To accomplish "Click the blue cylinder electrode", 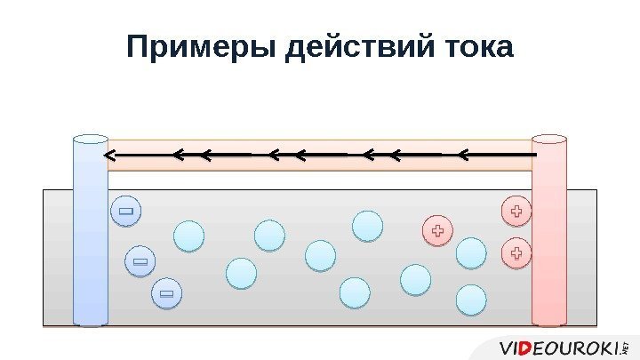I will [90, 236].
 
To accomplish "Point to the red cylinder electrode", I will [548, 236].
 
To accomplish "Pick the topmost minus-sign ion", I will [125, 212].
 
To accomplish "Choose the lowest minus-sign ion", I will [165, 292].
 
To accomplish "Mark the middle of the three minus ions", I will [140, 261].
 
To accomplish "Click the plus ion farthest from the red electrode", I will [436, 232].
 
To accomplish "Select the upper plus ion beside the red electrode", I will [516, 212].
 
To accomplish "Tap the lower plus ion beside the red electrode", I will [516, 253].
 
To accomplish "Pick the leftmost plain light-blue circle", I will [188, 236].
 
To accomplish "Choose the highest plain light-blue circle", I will [367, 226].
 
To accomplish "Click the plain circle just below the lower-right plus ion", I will [473, 300].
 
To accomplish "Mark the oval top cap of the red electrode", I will [548, 140].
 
